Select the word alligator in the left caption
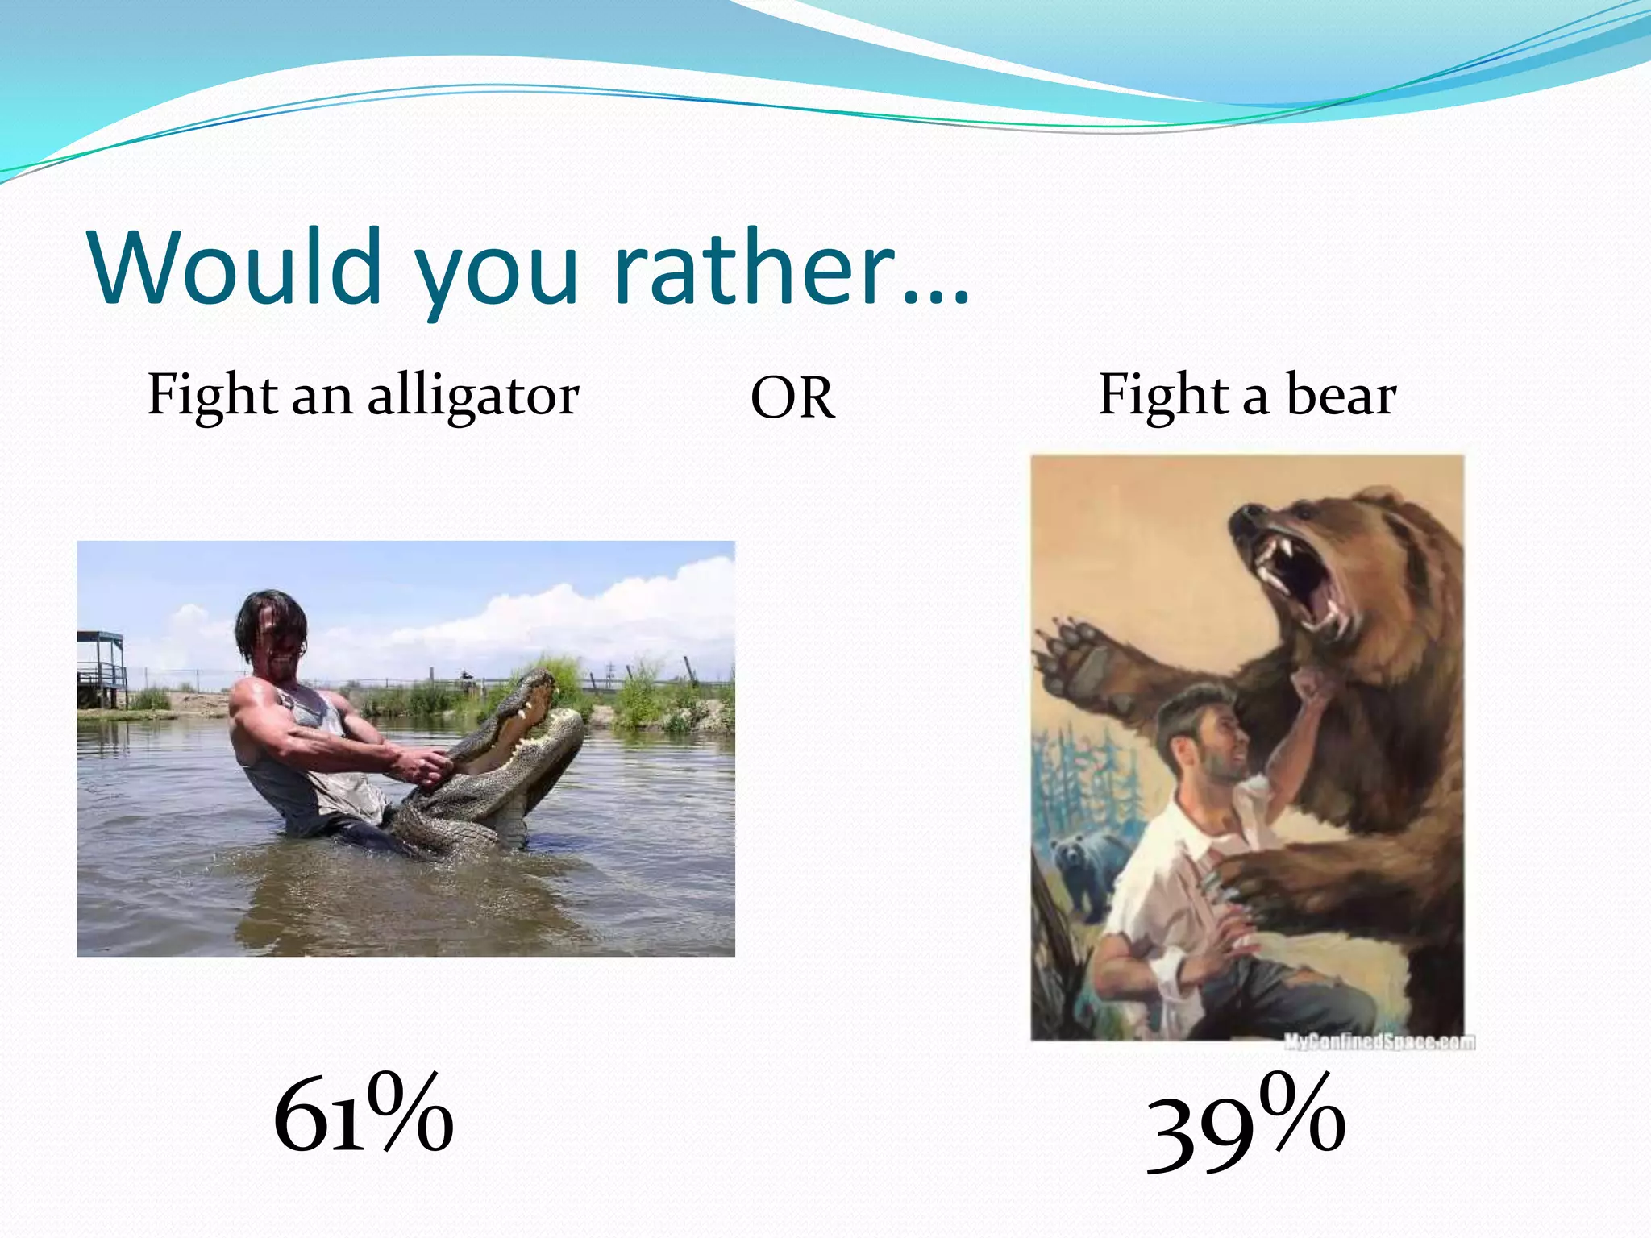(473, 397)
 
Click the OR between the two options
(792, 399)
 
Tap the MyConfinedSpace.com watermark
(1379, 1042)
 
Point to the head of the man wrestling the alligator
(272, 629)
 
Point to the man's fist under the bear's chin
(1310, 685)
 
